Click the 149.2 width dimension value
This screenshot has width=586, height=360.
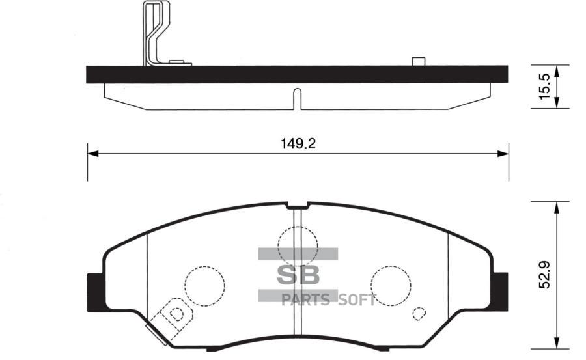(x=298, y=144)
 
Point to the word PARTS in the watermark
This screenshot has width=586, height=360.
(x=306, y=300)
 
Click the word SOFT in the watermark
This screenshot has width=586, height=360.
(x=356, y=300)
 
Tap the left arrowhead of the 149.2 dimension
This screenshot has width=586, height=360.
(x=92, y=154)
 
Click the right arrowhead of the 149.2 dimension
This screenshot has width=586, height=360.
(x=503, y=154)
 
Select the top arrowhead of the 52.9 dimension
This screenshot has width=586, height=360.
(x=557, y=207)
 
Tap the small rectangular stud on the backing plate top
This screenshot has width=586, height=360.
(x=419, y=62)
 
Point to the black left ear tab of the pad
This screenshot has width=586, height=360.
(x=95, y=288)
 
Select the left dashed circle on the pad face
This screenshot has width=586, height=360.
(x=204, y=284)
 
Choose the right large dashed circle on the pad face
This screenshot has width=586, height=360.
(x=391, y=284)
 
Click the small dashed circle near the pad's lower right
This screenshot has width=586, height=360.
(x=419, y=313)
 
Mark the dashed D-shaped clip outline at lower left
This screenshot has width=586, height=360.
(x=174, y=314)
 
